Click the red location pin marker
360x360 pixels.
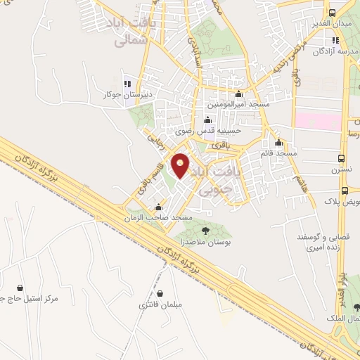coord(181,166)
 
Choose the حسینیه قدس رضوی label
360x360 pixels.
coord(208,129)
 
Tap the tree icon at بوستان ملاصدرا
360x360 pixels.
coord(205,230)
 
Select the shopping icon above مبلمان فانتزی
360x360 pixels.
coord(160,294)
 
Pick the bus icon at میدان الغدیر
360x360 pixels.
coord(332,14)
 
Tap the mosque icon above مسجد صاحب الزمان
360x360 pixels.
coord(159,208)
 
